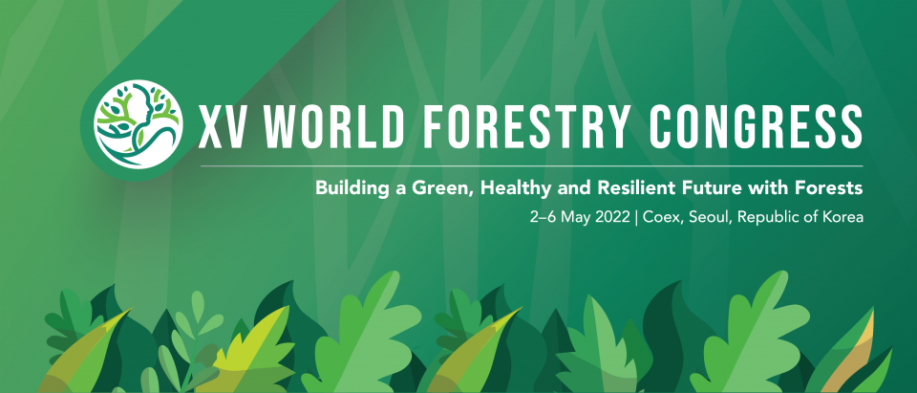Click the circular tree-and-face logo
click(x=137, y=124)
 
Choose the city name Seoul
click(x=712, y=217)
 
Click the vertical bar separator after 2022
click(x=637, y=217)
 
